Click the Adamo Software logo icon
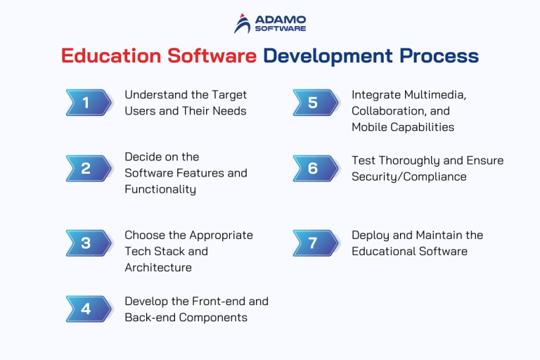pyautogui.click(x=243, y=23)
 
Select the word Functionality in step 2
pyautogui.click(x=160, y=189)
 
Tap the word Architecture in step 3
pyautogui.click(x=158, y=268)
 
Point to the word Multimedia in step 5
pyautogui.click(x=437, y=95)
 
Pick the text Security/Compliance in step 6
pyautogui.click(x=409, y=177)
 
